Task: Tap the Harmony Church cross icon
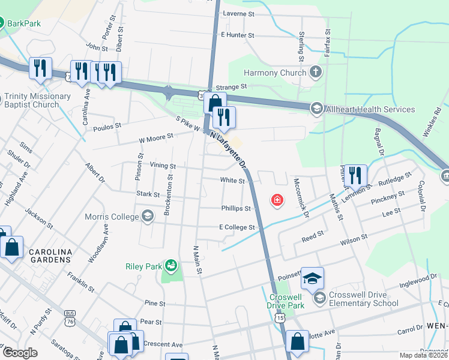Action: [x=316, y=73]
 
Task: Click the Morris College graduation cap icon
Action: [x=148, y=216]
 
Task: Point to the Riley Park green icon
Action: [x=171, y=265]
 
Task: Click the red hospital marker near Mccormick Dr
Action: [x=277, y=200]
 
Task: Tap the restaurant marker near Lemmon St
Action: [x=355, y=175]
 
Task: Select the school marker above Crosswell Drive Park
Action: [x=312, y=278]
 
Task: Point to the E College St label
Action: [x=237, y=227]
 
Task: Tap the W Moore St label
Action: [x=155, y=136]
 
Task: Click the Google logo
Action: [x=20, y=353]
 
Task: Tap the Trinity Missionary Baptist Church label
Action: [x=37, y=100]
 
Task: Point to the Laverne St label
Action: [x=238, y=13]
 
